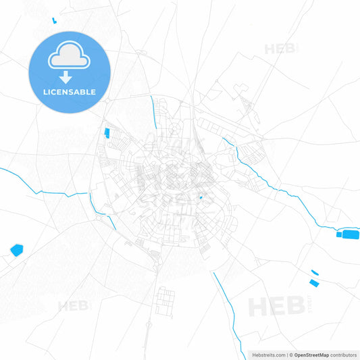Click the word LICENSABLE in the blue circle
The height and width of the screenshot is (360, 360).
[69, 91]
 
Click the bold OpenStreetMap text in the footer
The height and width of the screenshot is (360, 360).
[312, 354]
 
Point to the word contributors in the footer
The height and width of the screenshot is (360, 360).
[343, 354]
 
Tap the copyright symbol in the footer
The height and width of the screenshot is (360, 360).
[290, 354]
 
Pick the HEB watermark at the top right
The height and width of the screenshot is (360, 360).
[280, 49]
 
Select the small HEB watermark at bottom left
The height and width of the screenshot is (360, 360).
[73, 306]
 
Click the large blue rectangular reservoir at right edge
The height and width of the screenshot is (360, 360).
[349, 234]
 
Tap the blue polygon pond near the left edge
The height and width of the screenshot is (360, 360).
[17, 250]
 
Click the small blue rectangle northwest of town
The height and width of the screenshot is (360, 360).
[106, 132]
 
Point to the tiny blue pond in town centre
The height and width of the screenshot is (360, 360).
[201, 198]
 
